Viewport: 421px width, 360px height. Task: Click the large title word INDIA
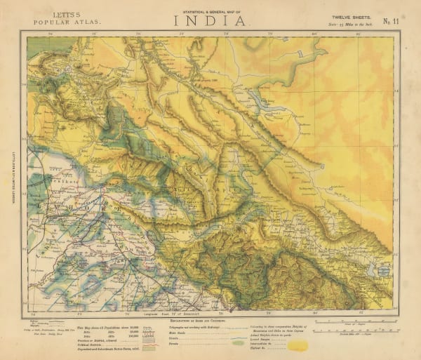210,20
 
